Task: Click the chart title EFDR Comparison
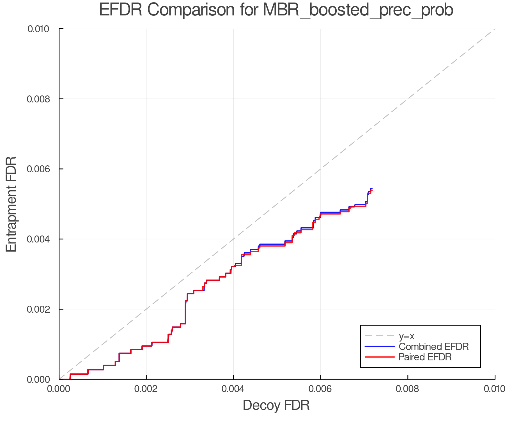point(276,10)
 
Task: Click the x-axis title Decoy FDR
point(276,405)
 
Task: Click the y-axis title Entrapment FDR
point(11,204)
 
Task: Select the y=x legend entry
point(407,336)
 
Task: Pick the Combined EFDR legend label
point(433,347)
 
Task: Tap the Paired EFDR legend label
point(425,357)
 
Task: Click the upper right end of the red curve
point(371,191)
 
